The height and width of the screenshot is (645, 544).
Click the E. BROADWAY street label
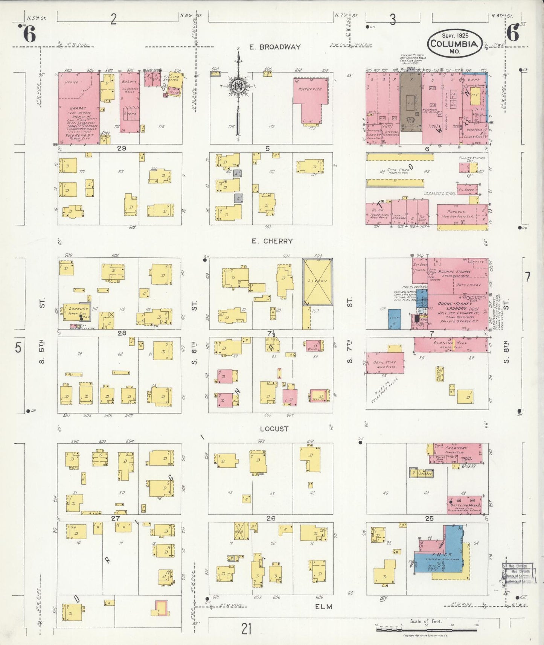pyautogui.click(x=275, y=47)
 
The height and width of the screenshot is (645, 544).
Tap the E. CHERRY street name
pyautogui.click(x=273, y=241)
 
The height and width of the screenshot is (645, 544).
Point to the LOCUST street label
pyautogui.click(x=274, y=429)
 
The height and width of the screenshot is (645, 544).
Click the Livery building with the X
pyautogui.click(x=318, y=281)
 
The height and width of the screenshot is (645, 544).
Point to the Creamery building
pyautogui.click(x=456, y=453)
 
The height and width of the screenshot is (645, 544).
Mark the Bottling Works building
pyautogui.click(x=465, y=504)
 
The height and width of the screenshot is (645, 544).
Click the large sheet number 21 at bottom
pyautogui.click(x=247, y=629)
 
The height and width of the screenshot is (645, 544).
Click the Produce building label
pyautogui.click(x=457, y=212)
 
